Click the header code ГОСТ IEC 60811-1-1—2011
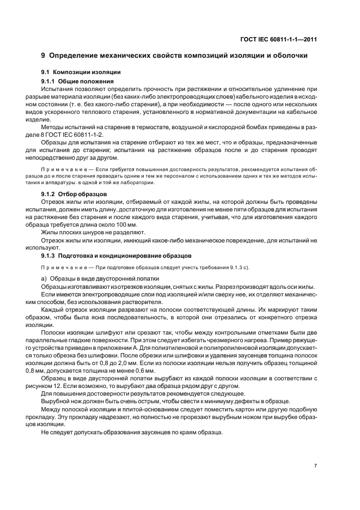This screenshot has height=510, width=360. point(278,39)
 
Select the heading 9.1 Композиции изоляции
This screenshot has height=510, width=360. point(81,72)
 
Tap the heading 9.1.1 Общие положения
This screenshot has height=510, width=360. point(75,81)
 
